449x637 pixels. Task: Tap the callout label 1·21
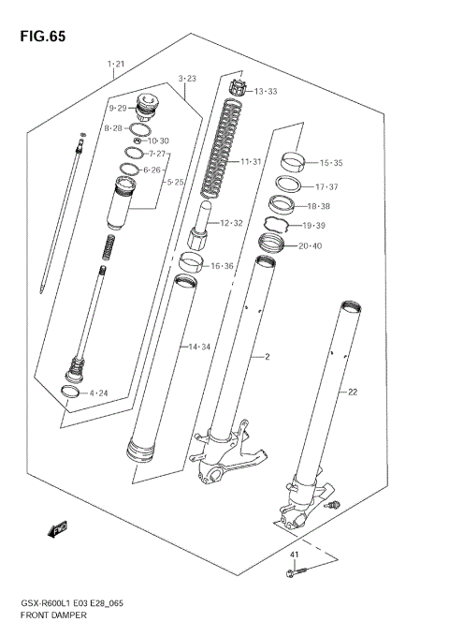pyautogui.click(x=116, y=65)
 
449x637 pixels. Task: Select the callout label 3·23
pyautogui.click(x=186, y=78)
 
